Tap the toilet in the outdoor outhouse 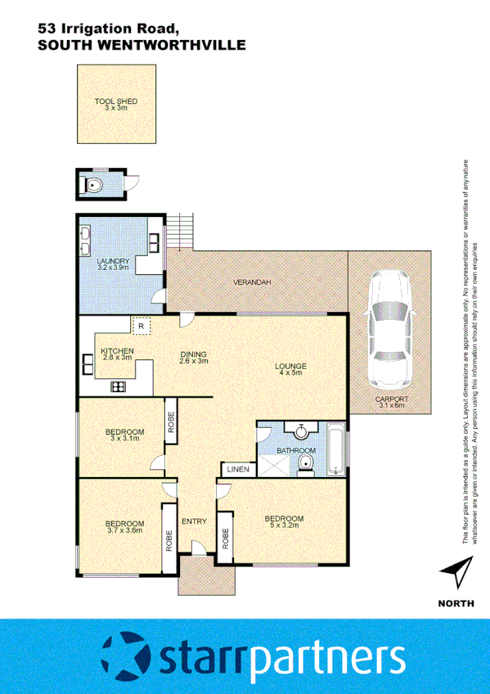point(94,185)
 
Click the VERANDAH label point(252,282)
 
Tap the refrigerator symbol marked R point(142,326)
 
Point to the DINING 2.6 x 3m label point(195,358)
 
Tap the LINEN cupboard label point(237,470)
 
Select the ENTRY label point(194,521)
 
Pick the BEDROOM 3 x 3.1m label point(124,435)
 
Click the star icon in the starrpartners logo point(128,656)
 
